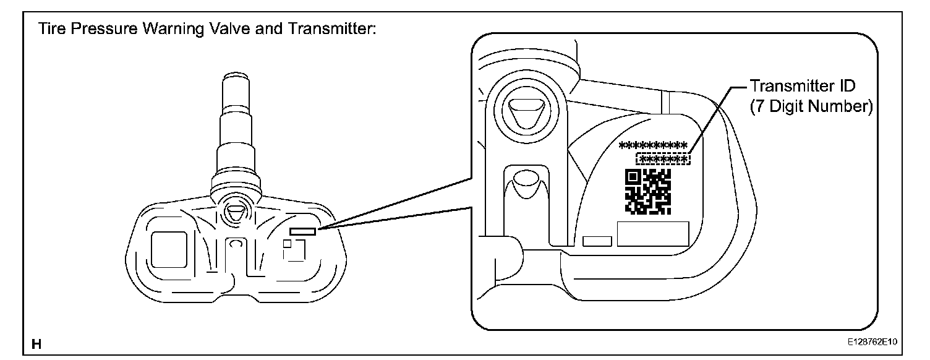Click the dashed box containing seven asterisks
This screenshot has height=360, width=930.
pyautogui.click(x=663, y=160)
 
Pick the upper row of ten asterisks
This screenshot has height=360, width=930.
pyautogui.click(x=653, y=146)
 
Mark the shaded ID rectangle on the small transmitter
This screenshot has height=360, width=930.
pyautogui.click(x=302, y=231)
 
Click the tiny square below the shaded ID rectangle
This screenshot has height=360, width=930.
pyautogui.click(x=287, y=244)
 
